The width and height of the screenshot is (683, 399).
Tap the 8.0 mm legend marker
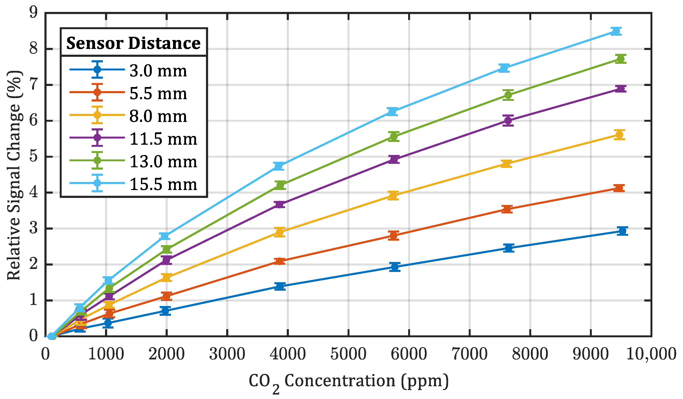point(97,115)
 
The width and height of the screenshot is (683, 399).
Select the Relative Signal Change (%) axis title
point(14,175)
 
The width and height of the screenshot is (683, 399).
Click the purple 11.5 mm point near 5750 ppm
point(394,159)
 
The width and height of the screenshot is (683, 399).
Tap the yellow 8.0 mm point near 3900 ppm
point(280,232)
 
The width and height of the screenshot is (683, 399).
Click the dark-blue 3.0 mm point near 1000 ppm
point(108,323)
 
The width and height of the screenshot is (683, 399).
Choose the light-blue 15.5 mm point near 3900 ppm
point(279,166)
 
